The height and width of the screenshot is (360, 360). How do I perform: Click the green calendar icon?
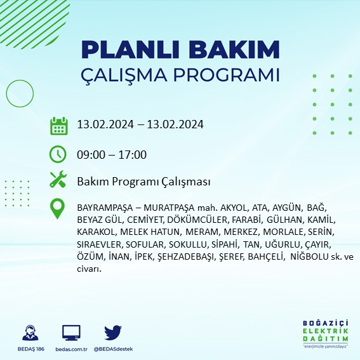[58, 125]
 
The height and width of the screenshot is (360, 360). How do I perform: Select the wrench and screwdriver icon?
[58, 181]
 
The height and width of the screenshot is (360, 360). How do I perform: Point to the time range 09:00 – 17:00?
[112, 154]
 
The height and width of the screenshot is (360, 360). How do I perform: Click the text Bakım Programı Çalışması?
[143, 182]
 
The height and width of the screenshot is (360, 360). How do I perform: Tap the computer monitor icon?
[71, 332]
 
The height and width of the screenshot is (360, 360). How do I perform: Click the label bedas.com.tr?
[71, 349]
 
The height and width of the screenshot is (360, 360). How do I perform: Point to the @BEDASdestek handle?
[114, 349]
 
